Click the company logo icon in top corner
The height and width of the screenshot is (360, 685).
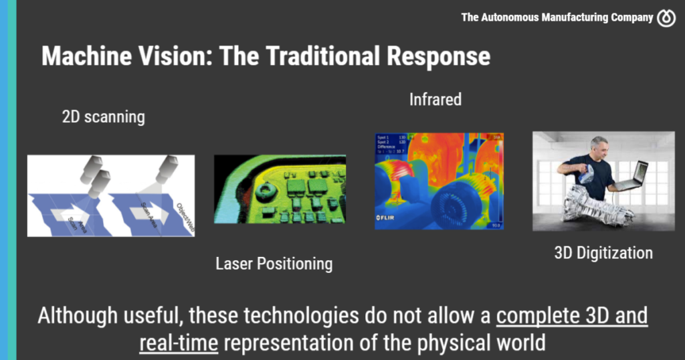666,18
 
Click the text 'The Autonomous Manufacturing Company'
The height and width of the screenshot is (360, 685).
557,18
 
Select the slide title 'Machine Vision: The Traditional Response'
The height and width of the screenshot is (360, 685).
266,56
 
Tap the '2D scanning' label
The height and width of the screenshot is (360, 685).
103,117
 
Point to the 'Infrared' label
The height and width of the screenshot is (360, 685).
435,100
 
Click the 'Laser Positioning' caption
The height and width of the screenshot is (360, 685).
274,264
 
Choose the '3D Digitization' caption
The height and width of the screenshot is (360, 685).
603,253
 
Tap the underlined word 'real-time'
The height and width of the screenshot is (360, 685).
179,343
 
